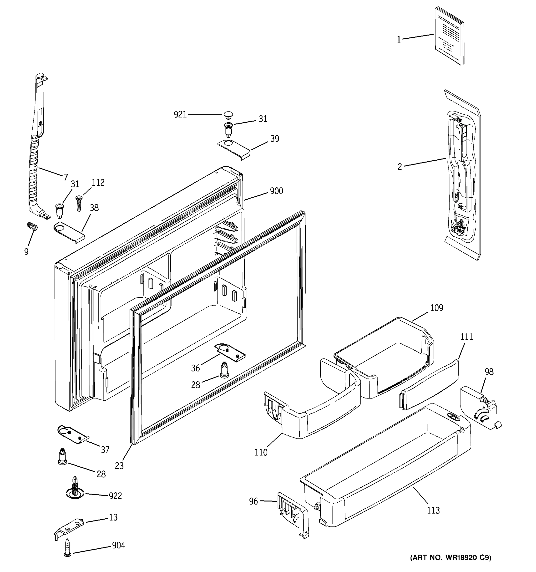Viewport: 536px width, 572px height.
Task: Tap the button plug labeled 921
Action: [228, 115]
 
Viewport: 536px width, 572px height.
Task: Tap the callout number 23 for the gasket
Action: [119, 465]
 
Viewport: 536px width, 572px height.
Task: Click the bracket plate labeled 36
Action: [230, 352]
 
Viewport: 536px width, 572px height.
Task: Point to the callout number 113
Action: [433, 511]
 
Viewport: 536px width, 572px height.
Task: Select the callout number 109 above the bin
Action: [436, 308]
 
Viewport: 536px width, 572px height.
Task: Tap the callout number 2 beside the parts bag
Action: [399, 167]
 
